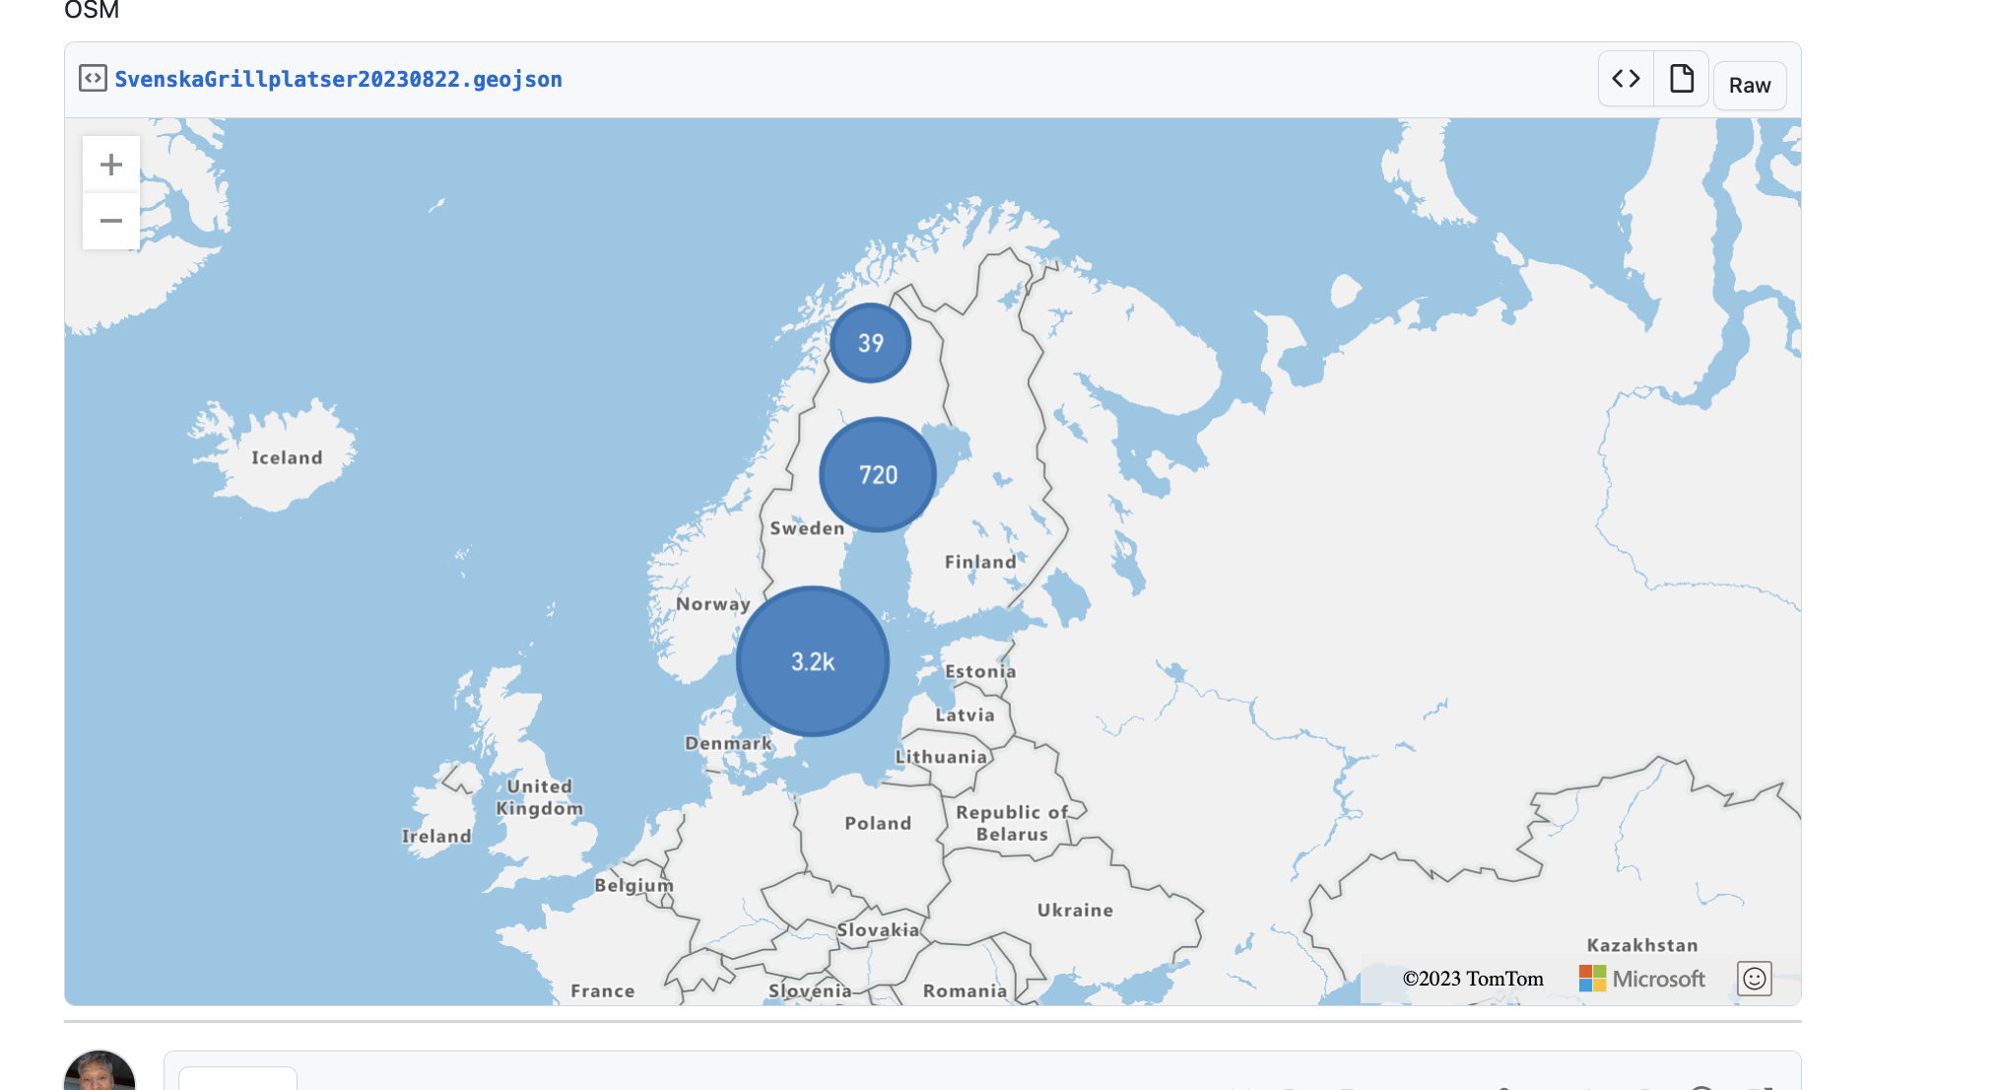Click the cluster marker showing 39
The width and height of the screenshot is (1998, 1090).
(870, 343)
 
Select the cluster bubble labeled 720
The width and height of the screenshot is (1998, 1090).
(877, 475)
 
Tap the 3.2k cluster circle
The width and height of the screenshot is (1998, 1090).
(813, 661)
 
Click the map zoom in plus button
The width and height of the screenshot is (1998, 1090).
(111, 165)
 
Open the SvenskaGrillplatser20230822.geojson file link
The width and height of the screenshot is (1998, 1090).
(338, 80)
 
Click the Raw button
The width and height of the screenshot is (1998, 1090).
(1749, 86)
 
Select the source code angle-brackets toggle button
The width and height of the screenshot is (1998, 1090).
(1626, 79)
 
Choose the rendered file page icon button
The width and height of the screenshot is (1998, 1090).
(1682, 79)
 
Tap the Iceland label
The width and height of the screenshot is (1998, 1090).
(287, 457)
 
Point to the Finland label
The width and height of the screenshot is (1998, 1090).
(980, 562)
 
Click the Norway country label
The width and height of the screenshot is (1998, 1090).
(713, 604)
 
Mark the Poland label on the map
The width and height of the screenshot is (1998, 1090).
(878, 823)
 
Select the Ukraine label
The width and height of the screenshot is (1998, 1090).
(1075, 910)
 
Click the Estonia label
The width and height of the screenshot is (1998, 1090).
(980, 671)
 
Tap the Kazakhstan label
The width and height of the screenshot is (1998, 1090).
(1642, 945)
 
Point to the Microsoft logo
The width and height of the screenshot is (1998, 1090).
(1642, 979)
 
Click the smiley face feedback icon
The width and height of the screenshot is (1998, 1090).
(1755, 979)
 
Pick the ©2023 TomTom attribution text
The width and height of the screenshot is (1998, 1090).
(1473, 979)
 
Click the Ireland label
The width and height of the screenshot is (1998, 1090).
(436, 836)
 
